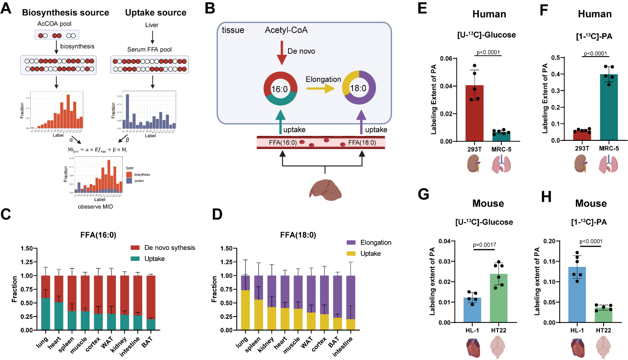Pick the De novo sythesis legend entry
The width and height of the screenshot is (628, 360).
163,247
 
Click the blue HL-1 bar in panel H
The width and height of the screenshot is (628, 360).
577,295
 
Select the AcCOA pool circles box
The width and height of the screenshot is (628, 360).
57,35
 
